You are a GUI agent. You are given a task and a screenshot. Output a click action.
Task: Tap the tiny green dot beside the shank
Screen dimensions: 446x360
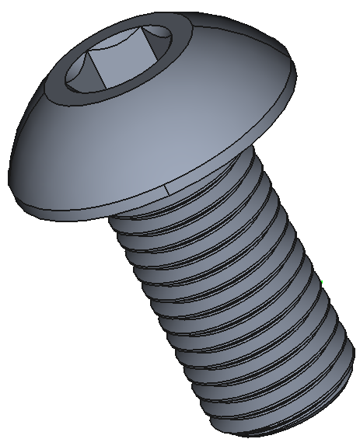[320, 281]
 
